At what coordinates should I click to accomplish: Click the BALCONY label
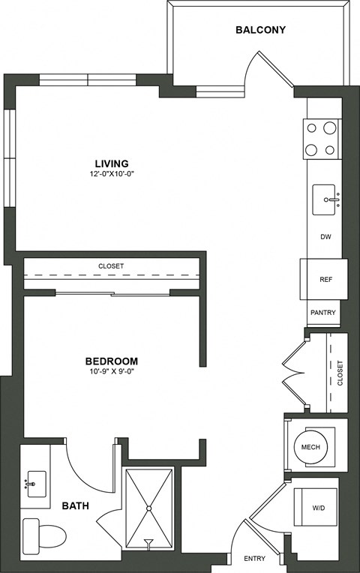[260, 30]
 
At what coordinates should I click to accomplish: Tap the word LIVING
[111, 163]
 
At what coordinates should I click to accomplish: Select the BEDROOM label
[111, 360]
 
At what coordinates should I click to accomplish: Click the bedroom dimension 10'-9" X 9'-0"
[111, 370]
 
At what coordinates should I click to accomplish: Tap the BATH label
[76, 506]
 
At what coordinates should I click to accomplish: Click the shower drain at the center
[148, 508]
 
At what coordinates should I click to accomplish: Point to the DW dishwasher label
[325, 237]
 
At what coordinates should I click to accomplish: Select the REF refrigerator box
[325, 279]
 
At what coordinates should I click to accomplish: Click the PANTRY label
[322, 313]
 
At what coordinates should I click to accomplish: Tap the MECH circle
[310, 447]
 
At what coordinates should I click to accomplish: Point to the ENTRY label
[256, 558]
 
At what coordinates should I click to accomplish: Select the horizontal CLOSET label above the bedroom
[111, 266]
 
